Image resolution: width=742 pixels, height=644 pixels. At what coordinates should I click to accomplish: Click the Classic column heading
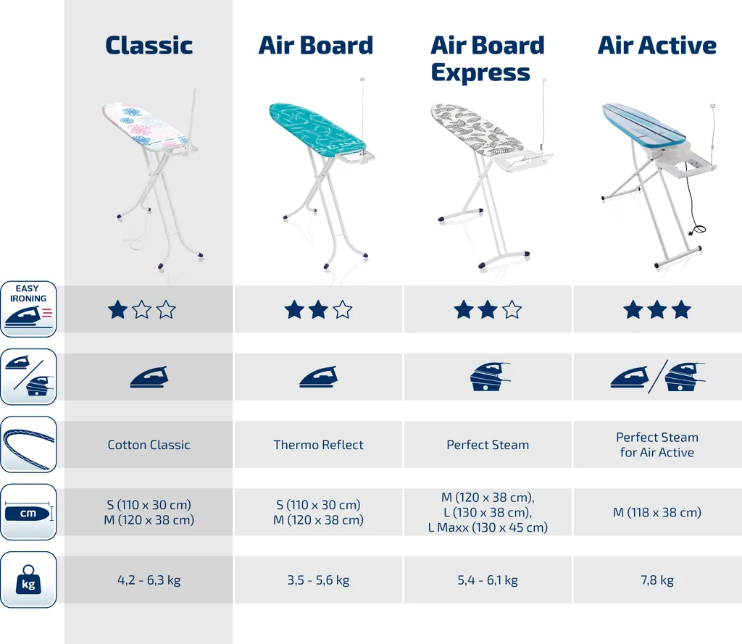click(x=149, y=46)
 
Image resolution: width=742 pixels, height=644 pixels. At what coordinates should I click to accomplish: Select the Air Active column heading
click(x=656, y=46)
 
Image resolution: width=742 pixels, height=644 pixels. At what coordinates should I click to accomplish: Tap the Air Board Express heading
click(x=488, y=59)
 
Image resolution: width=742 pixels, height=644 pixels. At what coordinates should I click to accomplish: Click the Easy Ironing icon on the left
click(x=28, y=309)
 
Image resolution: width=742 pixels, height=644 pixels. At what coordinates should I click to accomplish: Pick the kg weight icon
click(x=28, y=580)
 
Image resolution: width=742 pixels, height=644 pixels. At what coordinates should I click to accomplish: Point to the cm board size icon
click(x=28, y=512)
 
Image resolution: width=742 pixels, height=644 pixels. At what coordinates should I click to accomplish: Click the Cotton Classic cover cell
click(x=149, y=445)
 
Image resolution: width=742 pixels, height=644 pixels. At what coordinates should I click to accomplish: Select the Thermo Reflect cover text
click(x=319, y=445)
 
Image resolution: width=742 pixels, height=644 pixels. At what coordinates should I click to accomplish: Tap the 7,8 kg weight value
click(x=657, y=580)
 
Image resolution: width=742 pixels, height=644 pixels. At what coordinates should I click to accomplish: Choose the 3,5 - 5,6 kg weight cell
click(x=319, y=580)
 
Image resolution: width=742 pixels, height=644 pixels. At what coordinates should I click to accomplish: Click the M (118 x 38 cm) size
click(x=657, y=512)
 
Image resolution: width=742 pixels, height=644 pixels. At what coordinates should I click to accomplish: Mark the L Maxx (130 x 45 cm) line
click(x=488, y=527)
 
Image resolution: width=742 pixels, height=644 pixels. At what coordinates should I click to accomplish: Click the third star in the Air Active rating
click(x=681, y=310)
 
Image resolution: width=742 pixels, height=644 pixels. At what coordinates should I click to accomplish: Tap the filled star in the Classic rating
click(x=117, y=310)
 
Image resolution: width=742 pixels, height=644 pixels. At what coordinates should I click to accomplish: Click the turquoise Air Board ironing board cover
click(x=317, y=127)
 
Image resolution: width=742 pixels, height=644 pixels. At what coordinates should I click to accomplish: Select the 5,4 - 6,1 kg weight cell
click(x=488, y=580)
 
